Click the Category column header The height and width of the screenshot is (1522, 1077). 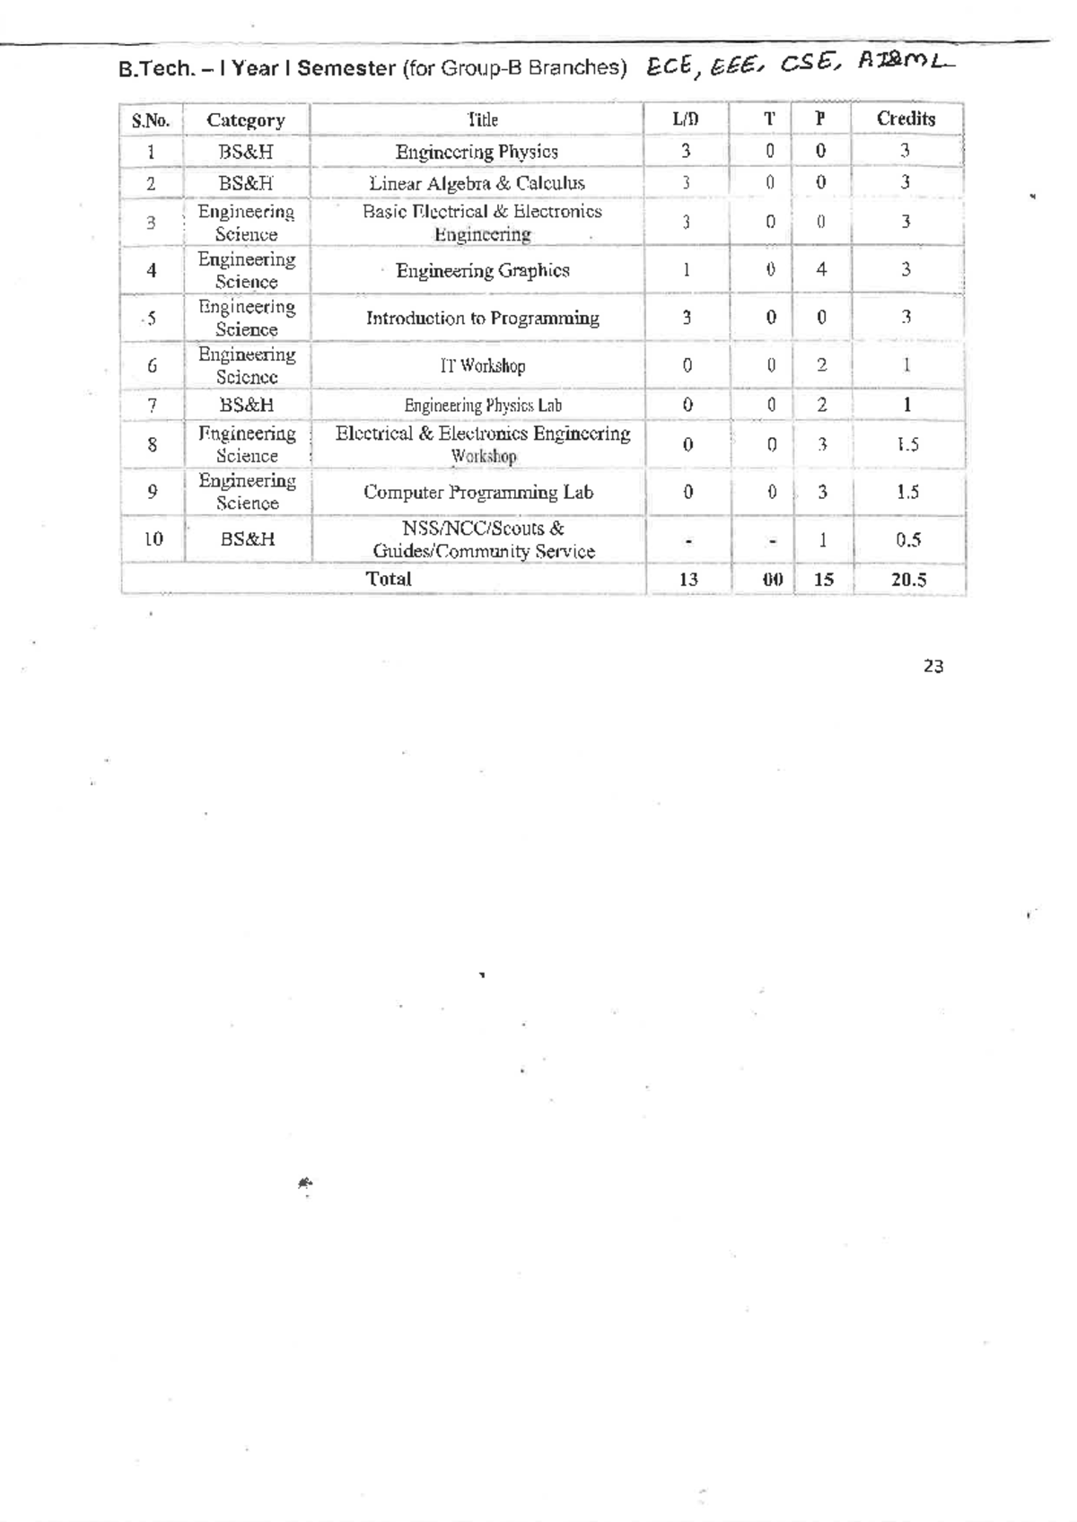(245, 120)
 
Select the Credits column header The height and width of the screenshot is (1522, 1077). (906, 118)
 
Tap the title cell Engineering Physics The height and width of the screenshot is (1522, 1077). (477, 152)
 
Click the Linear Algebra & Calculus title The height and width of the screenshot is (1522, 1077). (477, 183)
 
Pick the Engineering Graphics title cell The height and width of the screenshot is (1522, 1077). (482, 270)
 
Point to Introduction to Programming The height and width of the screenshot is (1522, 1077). (482, 318)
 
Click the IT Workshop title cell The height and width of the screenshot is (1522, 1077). (482, 365)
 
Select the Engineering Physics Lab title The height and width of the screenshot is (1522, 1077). (482, 405)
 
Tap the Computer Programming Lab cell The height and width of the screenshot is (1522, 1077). (477, 492)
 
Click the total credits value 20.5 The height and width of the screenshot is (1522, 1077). (908, 580)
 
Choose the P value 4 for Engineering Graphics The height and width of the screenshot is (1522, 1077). (820, 269)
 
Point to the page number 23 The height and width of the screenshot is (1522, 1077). (933, 666)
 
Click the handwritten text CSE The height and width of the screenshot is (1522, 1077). (810, 64)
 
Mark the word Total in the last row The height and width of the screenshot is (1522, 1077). (389, 579)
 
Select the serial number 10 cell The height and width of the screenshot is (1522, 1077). (153, 538)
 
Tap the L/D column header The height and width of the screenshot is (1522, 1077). (685, 118)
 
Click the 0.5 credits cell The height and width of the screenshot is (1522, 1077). (907, 539)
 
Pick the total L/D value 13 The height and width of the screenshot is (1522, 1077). (687, 580)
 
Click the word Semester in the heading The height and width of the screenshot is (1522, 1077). (346, 68)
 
